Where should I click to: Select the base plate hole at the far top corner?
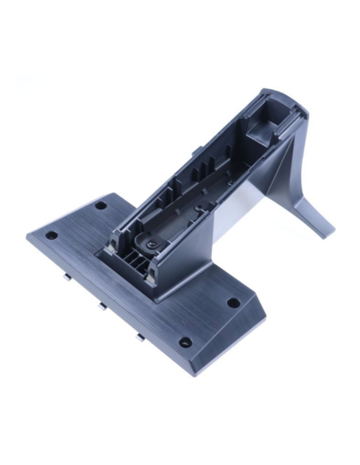(101, 205)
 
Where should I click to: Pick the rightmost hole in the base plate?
(233, 303)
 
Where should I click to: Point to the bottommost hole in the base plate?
(186, 342)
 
